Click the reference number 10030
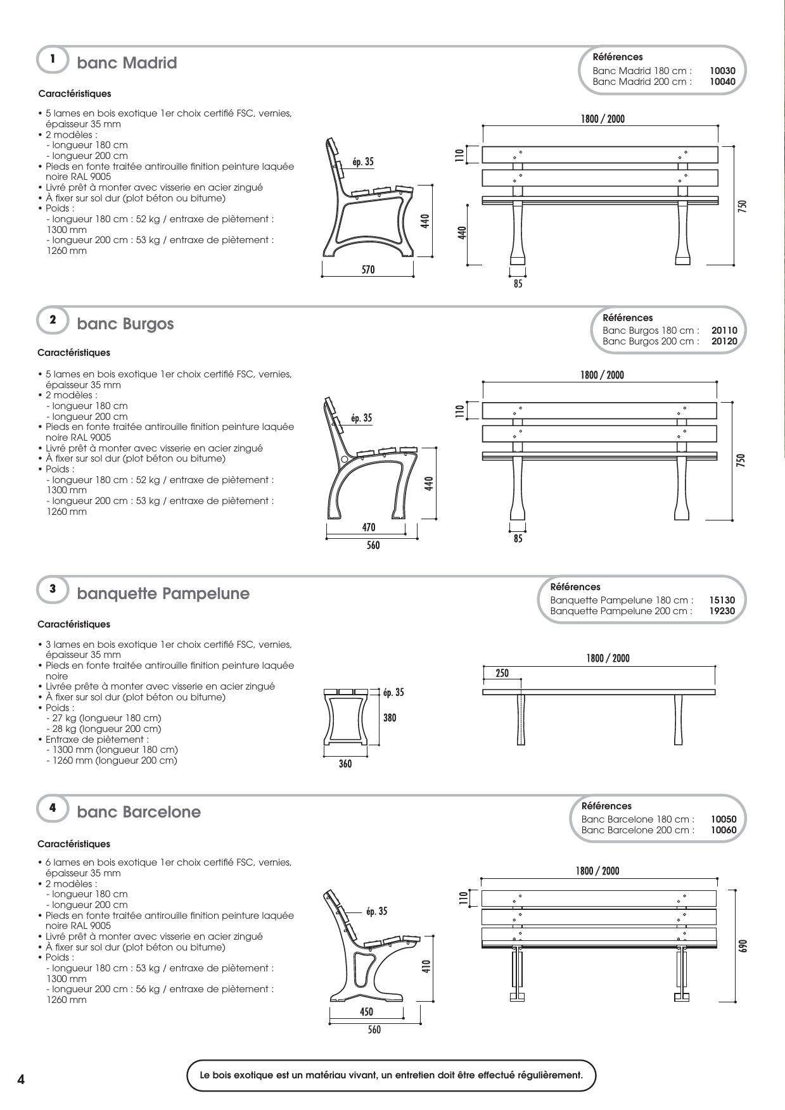pyautogui.click(x=722, y=71)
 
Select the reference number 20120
pyautogui.click(x=724, y=341)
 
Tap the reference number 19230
pyautogui.click(x=722, y=611)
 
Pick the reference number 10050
pyautogui.click(x=724, y=819)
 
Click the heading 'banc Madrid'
pyautogui.click(x=127, y=63)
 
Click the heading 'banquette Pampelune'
pyautogui.click(x=163, y=594)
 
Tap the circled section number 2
pyautogui.click(x=53, y=320)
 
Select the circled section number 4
pyautogui.click(x=53, y=808)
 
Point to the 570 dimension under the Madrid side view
pyautogui.click(x=368, y=270)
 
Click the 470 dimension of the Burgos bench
pyautogui.click(x=369, y=527)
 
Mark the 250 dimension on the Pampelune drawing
pyautogui.click(x=502, y=674)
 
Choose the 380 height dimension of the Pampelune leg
pyautogui.click(x=390, y=718)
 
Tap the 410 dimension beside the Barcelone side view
pyautogui.click(x=426, y=967)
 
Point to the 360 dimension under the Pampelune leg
pyautogui.click(x=345, y=764)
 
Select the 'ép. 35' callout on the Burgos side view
pyautogui.click(x=362, y=419)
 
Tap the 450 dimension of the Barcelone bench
pyautogui.click(x=366, y=1012)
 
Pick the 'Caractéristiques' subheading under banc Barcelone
pyautogui.click(x=73, y=844)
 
